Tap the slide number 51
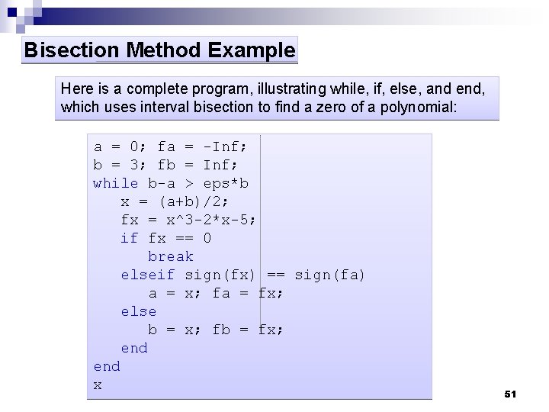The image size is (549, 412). tap(511, 394)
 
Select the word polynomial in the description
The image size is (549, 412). tap(419, 107)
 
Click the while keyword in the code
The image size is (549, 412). tap(115, 183)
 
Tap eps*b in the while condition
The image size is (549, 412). tap(226, 183)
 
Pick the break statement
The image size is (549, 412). tap(171, 256)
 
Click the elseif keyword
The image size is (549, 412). tap(148, 275)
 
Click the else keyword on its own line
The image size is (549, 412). tap(138, 311)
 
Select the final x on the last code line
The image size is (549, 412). tap(98, 385)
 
